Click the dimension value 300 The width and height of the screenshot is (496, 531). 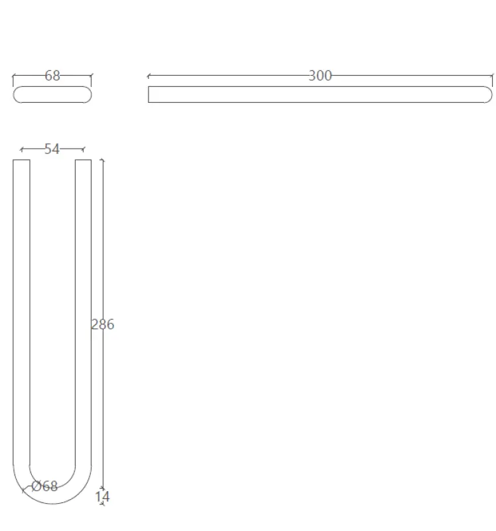point(320,76)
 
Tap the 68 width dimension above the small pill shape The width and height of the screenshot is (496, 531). point(52,76)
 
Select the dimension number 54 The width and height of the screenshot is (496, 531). point(52,149)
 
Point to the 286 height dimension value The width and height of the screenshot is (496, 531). point(103,325)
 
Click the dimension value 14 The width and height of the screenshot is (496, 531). point(102,496)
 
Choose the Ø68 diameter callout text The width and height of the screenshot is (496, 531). point(45,487)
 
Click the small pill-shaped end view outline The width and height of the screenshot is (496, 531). point(52,95)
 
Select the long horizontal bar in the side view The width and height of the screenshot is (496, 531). point(318,95)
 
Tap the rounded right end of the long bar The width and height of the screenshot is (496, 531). point(488,95)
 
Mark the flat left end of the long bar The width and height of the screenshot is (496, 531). point(149,95)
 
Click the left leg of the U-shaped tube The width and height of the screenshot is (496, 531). point(21,312)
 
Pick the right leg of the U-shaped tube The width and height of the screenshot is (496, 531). point(84,312)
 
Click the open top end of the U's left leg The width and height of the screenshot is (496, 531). point(21,161)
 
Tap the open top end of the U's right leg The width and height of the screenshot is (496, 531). point(84,161)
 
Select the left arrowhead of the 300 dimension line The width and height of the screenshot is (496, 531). point(148,76)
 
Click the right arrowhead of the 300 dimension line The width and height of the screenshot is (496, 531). point(491,76)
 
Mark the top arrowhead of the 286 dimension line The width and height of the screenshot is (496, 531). point(101,161)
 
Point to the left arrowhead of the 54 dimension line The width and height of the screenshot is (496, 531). point(21,149)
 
